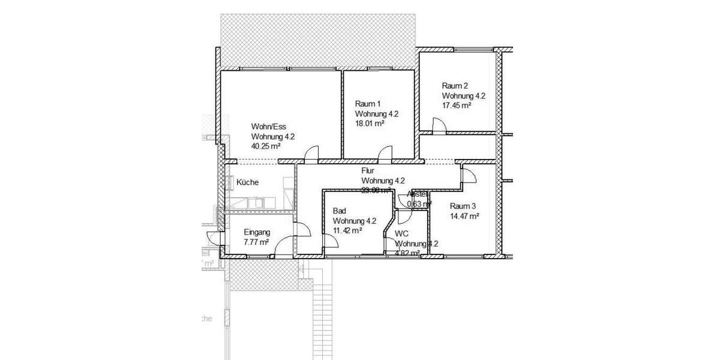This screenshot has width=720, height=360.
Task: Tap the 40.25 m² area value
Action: coord(266,146)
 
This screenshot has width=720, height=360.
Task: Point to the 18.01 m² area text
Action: coord(370,123)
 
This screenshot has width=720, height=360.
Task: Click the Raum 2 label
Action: coord(455,85)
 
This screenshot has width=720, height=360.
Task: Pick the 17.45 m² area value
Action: coord(457,105)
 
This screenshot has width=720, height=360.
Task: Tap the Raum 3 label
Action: coord(463,206)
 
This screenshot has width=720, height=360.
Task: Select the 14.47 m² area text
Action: coord(464,216)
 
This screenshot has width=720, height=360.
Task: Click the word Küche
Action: coord(248,182)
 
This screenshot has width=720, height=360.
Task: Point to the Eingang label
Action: coord(257,232)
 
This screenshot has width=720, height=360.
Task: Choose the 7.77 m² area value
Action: coord(256,242)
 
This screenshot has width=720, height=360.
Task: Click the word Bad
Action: coord(339,211)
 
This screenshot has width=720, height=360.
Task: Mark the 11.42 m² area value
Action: coord(347,230)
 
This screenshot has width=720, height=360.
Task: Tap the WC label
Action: coord(401,233)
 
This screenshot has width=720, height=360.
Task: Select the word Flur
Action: coord(368,170)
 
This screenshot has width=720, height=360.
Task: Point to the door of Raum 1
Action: coord(385,155)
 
